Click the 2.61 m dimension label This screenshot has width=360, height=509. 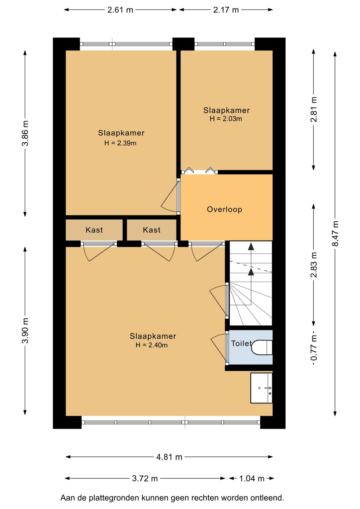(x=120, y=10)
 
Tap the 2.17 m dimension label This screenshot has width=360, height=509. (x=226, y=10)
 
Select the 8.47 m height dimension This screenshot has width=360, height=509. (x=335, y=233)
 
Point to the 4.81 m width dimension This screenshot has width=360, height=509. (x=169, y=457)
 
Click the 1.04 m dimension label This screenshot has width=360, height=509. (x=252, y=479)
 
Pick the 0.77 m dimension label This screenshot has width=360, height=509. (x=314, y=348)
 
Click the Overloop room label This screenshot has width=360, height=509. (x=225, y=209)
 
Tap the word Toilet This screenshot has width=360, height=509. (x=241, y=343)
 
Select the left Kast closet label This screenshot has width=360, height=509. (x=94, y=230)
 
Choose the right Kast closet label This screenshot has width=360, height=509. (x=152, y=230)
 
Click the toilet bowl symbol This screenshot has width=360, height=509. (x=261, y=348)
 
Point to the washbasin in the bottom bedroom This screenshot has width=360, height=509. (x=261, y=388)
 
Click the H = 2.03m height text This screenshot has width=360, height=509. (x=226, y=119)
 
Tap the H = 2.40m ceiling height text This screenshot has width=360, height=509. (x=152, y=345)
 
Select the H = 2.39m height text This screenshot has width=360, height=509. (x=120, y=143)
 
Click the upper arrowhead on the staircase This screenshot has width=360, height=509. (x=251, y=247)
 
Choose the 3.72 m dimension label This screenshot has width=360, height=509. (x=145, y=479)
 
